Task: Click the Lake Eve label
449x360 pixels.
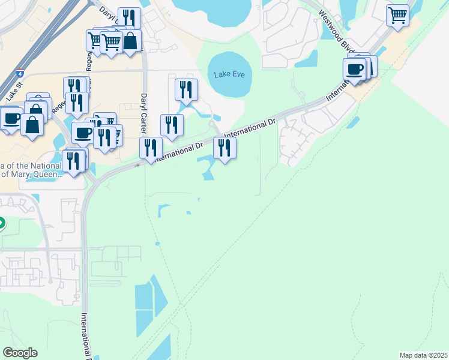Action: pos(229,74)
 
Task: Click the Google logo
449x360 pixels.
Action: pos(20,353)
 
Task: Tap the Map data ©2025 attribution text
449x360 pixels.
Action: pos(423,355)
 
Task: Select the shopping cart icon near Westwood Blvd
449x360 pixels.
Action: pos(397,16)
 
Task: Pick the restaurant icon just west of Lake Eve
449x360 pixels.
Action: pos(186,89)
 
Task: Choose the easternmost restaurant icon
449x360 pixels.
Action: pos(224,147)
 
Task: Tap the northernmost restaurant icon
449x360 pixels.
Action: pos(129,17)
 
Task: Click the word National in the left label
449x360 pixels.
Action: pos(43,166)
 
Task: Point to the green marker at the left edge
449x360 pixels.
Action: pos(1,223)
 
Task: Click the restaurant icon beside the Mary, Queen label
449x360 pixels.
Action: pos(73,161)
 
